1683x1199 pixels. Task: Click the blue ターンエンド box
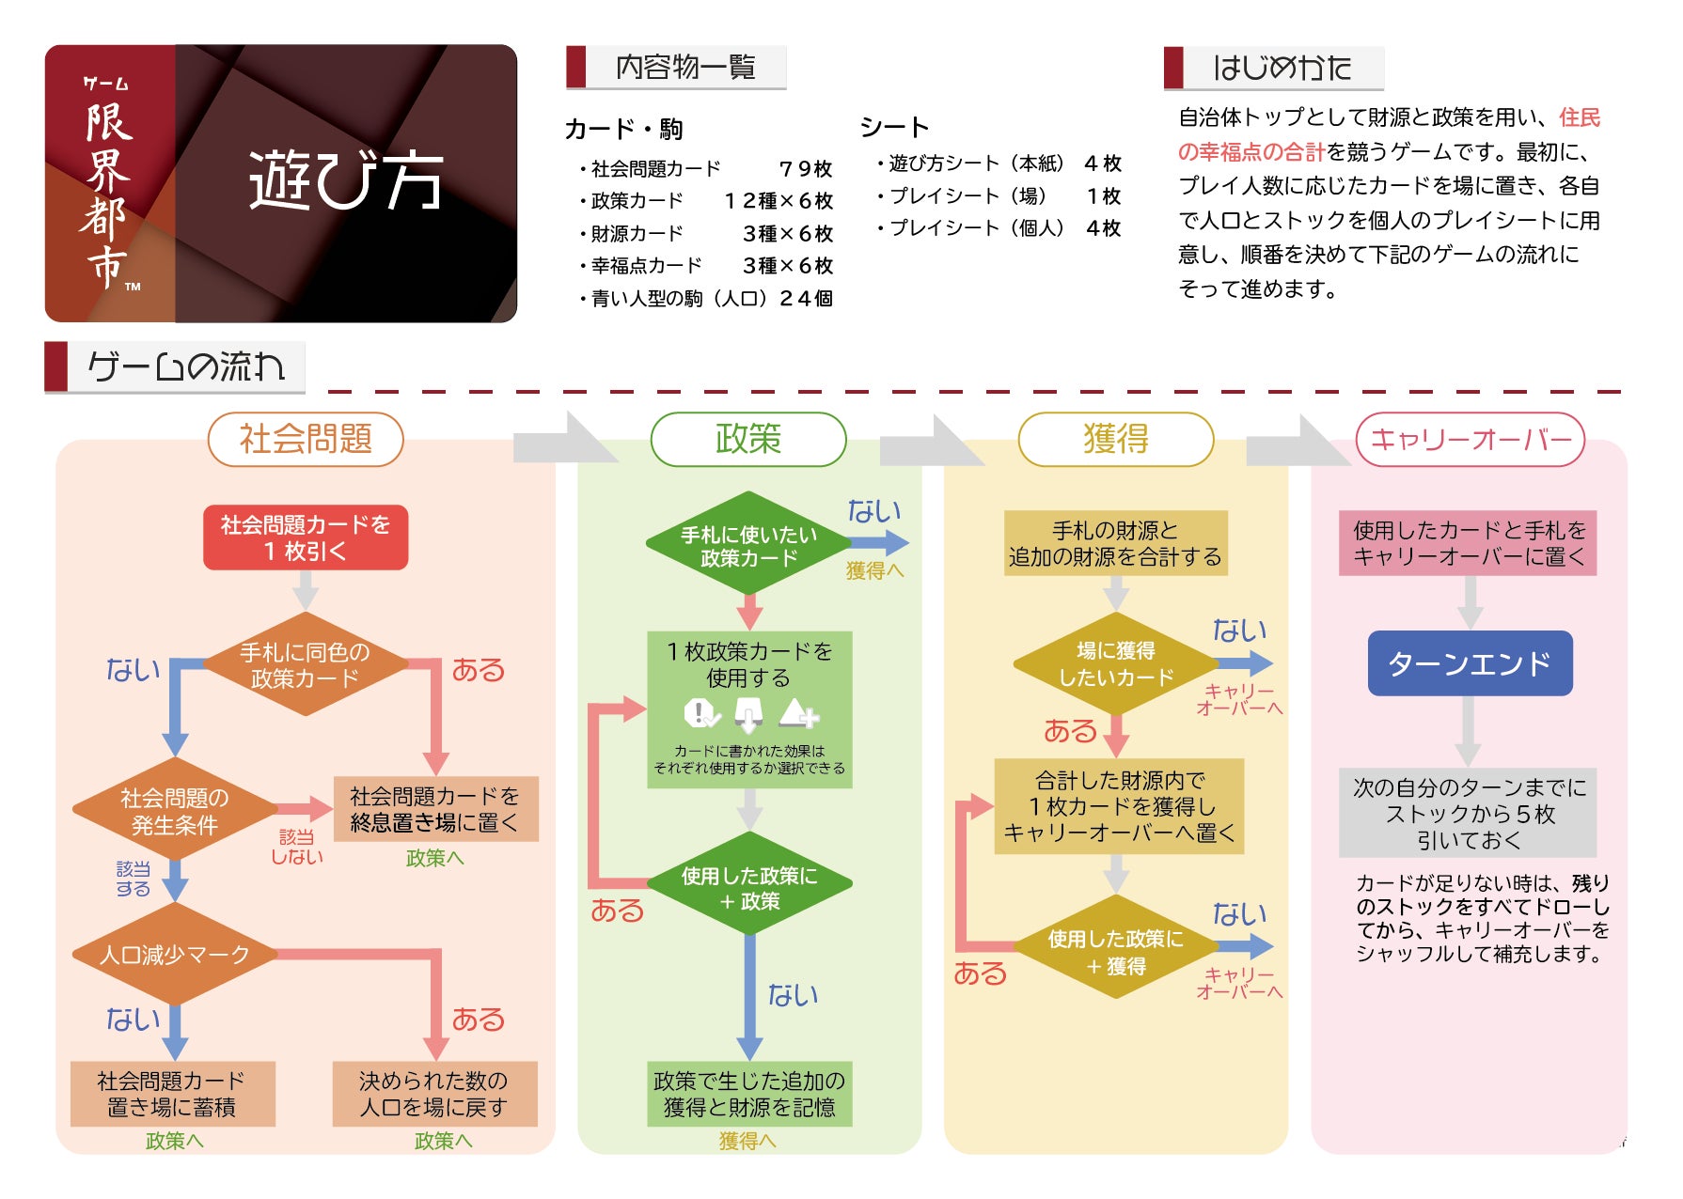point(1469,663)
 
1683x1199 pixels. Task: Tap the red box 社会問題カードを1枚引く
point(306,537)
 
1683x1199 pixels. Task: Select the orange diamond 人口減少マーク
point(175,955)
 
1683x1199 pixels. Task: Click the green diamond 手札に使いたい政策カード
point(748,546)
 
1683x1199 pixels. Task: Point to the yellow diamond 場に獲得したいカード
point(1115,664)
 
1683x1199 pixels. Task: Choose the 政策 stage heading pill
point(748,439)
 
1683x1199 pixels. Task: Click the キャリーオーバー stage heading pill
point(1470,439)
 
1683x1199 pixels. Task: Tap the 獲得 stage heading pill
point(1116,439)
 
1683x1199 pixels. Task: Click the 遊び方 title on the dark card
point(346,180)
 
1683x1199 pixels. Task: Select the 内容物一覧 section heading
point(685,68)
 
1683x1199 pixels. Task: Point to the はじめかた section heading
point(1282,68)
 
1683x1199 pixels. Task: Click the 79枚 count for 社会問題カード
point(806,169)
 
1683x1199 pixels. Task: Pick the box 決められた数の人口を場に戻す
point(434,1094)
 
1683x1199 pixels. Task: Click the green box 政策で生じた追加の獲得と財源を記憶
point(749,1094)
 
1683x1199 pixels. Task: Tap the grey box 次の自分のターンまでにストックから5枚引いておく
point(1469,814)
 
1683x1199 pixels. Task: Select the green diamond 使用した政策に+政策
point(748,888)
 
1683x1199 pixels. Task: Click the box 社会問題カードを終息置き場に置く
point(435,809)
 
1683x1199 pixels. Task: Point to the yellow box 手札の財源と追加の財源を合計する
point(1115,543)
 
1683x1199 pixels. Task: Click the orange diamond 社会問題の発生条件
point(175,811)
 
